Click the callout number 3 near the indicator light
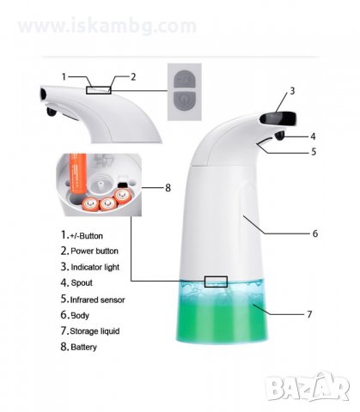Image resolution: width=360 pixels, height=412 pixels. pyautogui.click(x=292, y=91)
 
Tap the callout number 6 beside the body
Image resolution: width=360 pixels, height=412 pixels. pyautogui.click(x=315, y=233)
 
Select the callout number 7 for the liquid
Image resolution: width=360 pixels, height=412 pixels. pyautogui.click(x=309, y=314)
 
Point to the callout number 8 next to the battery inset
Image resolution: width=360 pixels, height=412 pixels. pyautogui.click(x=168, y=188)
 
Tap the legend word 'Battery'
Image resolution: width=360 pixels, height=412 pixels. pyautogui.click(x=83, y=347)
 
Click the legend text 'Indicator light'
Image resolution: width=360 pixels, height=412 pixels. pyautogui.click(x=95, y=267)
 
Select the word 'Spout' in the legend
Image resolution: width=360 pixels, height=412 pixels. pyautogui.click(x=82, y=283)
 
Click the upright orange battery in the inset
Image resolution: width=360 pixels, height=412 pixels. pyautogui.click(x=77, y=173)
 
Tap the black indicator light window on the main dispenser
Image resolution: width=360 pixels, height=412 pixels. pyautogui.click(x=278, y=118)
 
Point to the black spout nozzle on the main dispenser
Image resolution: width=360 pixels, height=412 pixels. pyautogui.click(x=279, y=136)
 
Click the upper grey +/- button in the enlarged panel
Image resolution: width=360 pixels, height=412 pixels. pyautogui.click(x=185, y=78)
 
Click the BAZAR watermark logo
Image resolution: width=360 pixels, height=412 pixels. pyautogui.click(x=308, y=387)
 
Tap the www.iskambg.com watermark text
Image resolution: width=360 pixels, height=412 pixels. pyautogui.click(x=107, y=26)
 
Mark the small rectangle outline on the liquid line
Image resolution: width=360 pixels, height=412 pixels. pyautogui.click(x=216, y=282)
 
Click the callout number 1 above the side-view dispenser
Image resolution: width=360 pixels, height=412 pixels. pyautogui.click(x=64, y=76)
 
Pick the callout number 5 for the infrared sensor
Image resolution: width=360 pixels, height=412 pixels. pyautogui.click(x=314, y=151)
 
